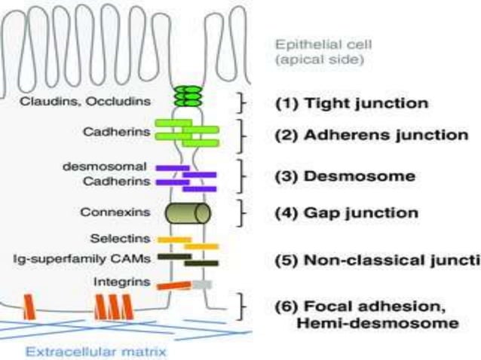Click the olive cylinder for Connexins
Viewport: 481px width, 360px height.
[188, 214]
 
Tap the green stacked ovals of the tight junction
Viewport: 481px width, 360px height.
[188, 97]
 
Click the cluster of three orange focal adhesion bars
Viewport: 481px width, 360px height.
[112, 306]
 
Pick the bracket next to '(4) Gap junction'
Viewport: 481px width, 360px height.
[241, 213]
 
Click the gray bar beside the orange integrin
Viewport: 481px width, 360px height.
[201, 284]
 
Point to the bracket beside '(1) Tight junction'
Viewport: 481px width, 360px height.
[241, 103]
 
